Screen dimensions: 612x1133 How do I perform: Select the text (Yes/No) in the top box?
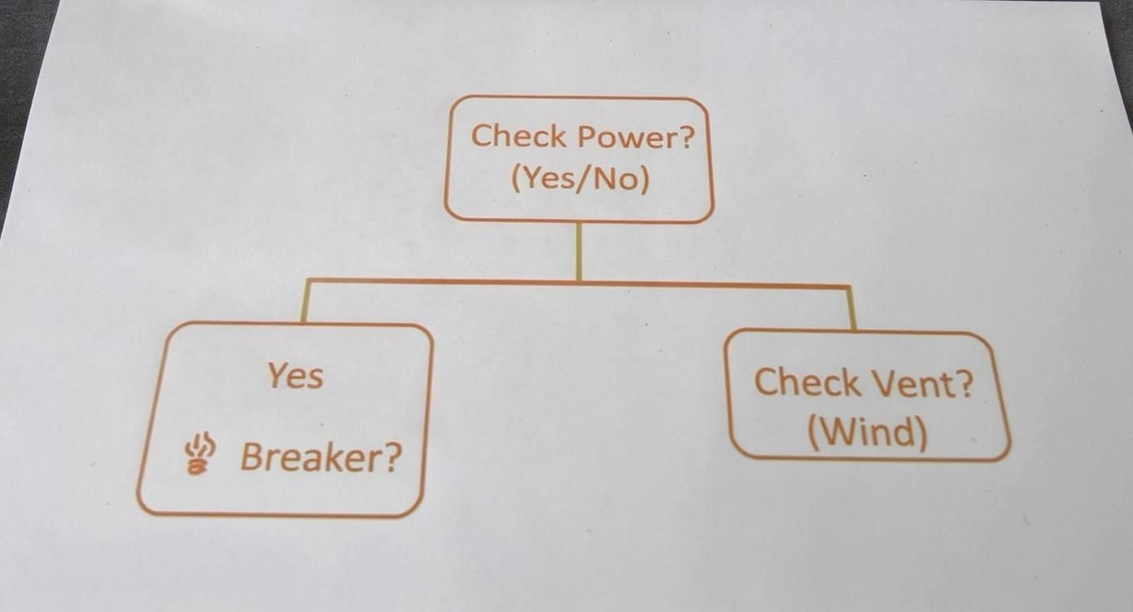pyautogui.click(x=580, y=177)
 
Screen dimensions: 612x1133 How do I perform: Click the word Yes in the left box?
pyautogui.click(x=295, y=376)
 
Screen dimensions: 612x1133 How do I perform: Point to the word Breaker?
pyautogui.click(x=321, y=458)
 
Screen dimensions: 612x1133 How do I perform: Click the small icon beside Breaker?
pyautogui.click(x=199, y=454)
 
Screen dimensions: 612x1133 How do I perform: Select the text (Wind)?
pyautogui.click(x=868, y=432)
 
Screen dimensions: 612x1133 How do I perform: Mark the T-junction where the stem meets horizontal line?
pyautogui.click(x=579, y=282)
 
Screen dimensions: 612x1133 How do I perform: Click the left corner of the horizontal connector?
pyautogui.click(x=307, y=281)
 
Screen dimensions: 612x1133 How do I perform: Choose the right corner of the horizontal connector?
pyautogui.click(x=850, y=287)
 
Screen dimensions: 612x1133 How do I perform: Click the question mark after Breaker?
pyautogui.click(x=392, y=459)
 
